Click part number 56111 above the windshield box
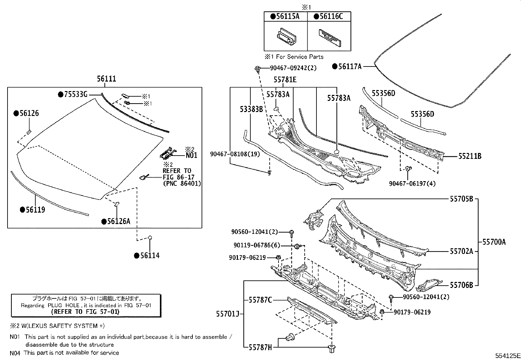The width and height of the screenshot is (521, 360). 106,79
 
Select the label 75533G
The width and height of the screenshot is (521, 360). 75,95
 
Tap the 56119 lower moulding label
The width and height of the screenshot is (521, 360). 35,210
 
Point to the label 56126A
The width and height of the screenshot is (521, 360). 118,222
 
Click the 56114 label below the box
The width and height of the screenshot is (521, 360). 150,256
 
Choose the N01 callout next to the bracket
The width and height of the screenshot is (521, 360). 191,155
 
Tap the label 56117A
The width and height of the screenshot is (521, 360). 350,66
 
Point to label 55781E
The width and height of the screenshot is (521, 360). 285,80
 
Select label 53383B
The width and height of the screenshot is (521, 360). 251,109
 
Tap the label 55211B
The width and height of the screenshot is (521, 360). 470,156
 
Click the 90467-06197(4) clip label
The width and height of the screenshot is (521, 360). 412,183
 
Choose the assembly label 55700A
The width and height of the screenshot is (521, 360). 494,242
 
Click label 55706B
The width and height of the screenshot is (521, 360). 461,285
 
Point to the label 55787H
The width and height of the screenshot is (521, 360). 260,347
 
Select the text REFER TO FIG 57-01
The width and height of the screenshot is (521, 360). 85,312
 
